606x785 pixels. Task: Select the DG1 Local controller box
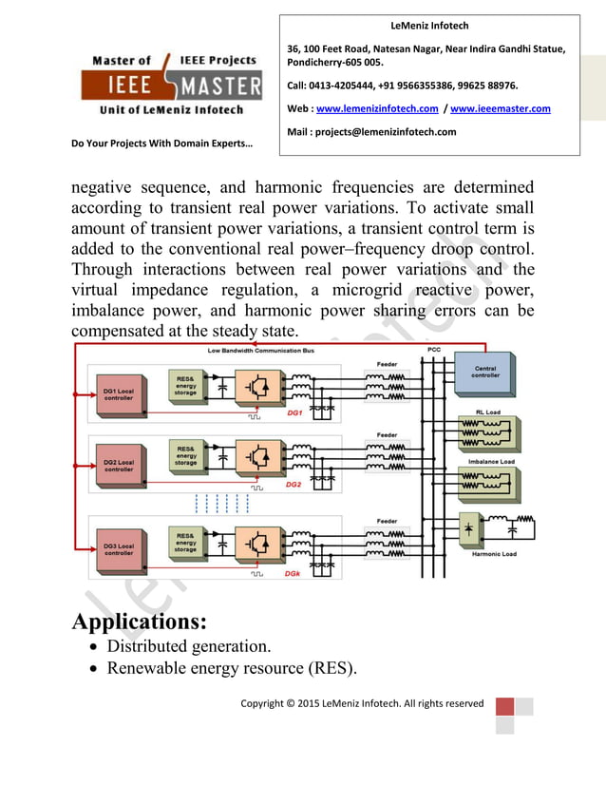(119, 393)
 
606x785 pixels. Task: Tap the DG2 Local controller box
(119, 466)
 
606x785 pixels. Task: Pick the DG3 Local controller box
(119, 549)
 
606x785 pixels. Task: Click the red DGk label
(294, 574)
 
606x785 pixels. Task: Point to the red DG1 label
(294, 413)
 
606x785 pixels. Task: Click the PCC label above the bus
(434, 351)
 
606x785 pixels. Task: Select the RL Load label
(487, 412)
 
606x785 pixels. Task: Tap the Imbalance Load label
(491, 462)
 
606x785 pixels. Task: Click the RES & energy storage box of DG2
(185, 455)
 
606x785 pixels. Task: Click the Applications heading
(140, 622)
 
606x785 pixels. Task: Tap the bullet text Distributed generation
(188, 646)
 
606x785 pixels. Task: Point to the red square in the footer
(504, 707)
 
